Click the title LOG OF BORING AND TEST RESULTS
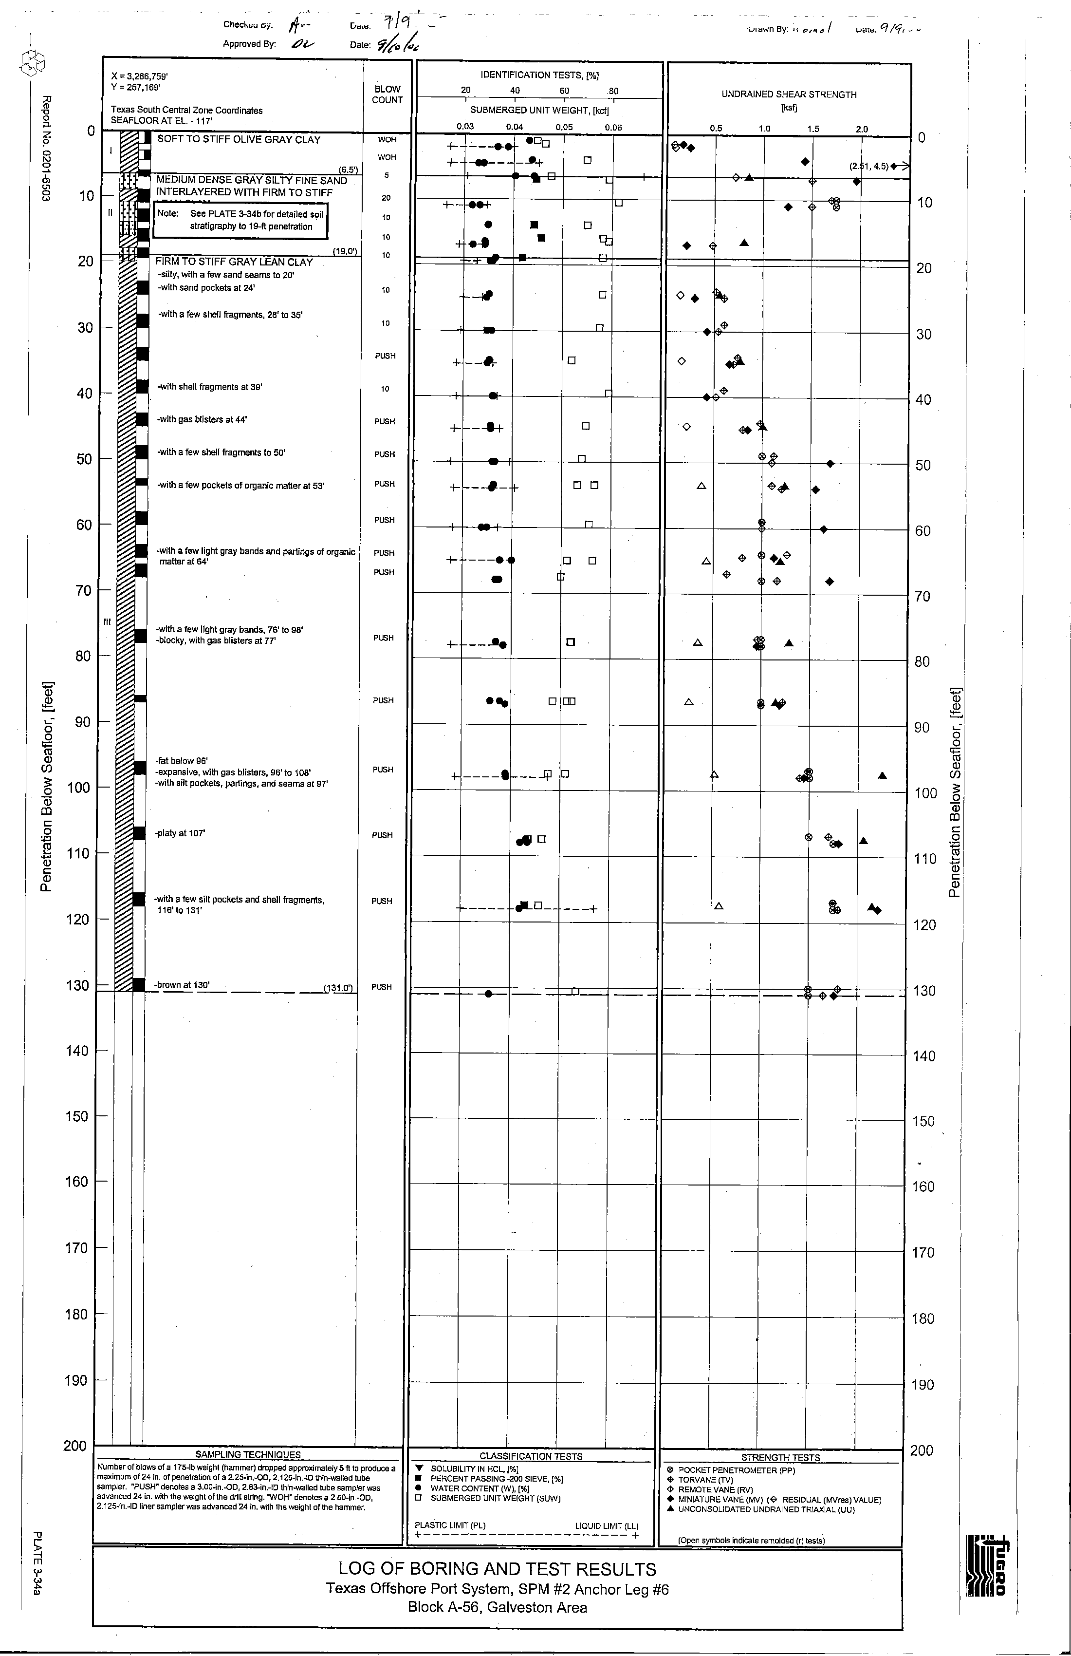pos(497,1569)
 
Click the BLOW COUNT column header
pos(388,94)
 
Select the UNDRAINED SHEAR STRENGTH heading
pos(789,94)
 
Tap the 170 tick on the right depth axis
pos(923,1252)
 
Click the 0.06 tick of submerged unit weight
pos(613,127)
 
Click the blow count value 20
pos(386,198)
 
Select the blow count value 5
pos(386,175)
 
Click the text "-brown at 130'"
pos(182,984)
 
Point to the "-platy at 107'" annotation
pos(180,833)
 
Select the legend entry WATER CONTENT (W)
pos(480,1488)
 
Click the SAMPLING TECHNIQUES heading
pos(248,1454)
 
